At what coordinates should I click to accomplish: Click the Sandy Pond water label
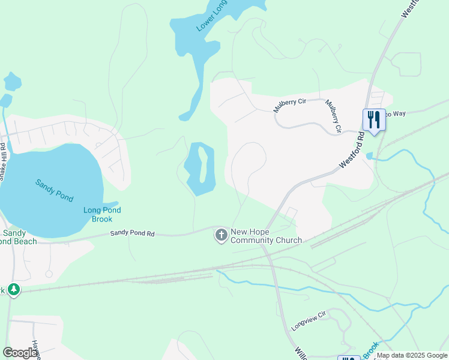[54, 191]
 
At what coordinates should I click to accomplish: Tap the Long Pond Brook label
[102, 214]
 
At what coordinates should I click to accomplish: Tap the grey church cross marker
[221, 235]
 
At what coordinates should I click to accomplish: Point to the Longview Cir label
[308, 321]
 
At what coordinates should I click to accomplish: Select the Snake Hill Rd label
[4, 162]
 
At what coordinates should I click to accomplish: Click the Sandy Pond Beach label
[18, 237]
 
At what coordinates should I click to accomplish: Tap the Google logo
[20, 353]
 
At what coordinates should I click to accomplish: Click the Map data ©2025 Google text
[412, 356]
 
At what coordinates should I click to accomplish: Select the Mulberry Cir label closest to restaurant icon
[333, 115]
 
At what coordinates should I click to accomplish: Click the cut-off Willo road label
[300, 353]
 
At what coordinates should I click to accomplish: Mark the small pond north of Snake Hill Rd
[11, 81]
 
